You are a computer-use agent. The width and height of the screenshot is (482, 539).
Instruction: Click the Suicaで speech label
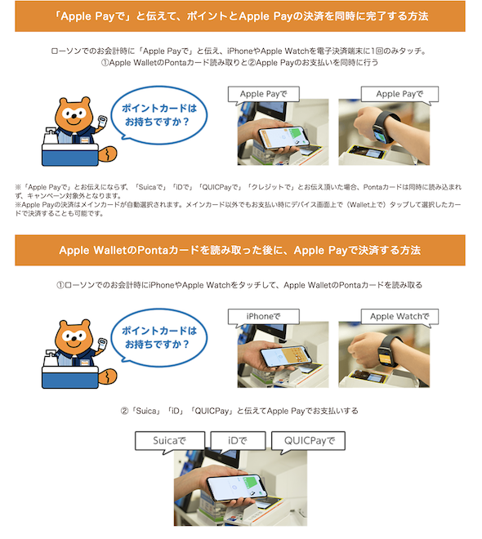click(x=170, y=441)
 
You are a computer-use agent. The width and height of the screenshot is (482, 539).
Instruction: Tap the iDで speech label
click(x=238, y=441)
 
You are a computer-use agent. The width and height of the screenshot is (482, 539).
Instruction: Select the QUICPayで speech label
click(x=308, y=441)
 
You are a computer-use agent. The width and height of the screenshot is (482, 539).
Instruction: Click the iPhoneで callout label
click(x=263, y=316)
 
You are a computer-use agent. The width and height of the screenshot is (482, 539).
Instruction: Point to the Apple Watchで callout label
click(x=399, y=316)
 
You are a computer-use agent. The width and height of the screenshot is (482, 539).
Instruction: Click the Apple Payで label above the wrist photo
click(x=399, y=94)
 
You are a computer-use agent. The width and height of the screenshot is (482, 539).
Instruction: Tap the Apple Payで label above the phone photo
click(x=263, y=94)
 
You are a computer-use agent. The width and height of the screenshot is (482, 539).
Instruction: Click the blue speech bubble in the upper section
click(x=158, y=115)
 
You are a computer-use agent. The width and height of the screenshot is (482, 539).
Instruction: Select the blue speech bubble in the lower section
click(x=158, y=337)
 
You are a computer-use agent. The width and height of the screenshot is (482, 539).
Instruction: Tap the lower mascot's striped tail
click(x=108, y=376)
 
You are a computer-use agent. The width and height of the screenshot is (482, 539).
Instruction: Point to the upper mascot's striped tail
click(x=108, y=154)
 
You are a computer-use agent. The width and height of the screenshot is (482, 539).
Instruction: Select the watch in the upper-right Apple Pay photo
click(x=385, y=128)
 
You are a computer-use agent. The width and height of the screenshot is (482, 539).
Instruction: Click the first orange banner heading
click(x=240, y=16)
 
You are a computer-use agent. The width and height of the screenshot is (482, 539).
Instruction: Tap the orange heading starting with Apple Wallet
click(x=240, y=250)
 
